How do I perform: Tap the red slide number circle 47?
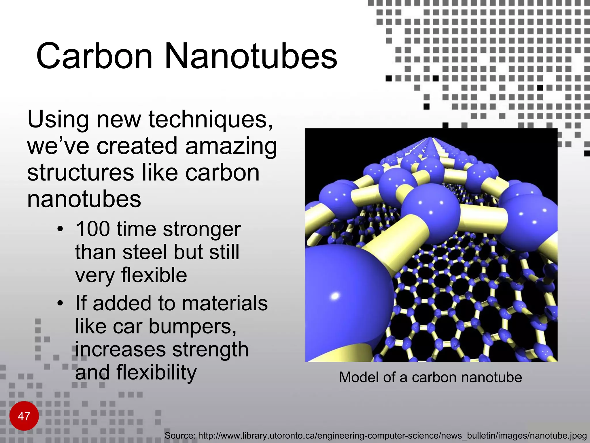tap(24, 416)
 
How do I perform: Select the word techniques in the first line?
tap(210, 119)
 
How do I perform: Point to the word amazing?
tap(231, 146)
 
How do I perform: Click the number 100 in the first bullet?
tap(93, 229)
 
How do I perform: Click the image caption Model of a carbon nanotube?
tap(430, 377)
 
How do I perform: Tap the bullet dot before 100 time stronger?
tap(60, 230)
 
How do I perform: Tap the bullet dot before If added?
tap(60, 304)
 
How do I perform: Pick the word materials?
tap(225, 303)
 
